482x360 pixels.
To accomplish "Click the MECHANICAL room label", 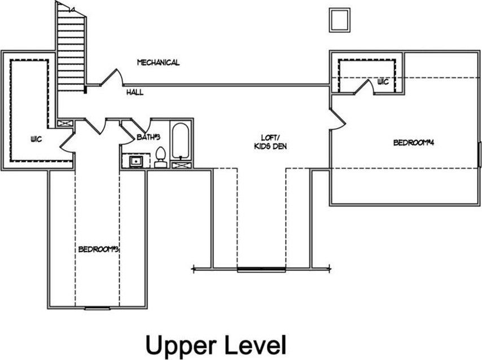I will tap(158, 63).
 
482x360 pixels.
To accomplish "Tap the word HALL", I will tap(134, 91).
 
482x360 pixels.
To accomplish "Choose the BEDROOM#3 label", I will tap(97, 249).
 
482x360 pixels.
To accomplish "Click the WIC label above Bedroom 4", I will tap(383, 82).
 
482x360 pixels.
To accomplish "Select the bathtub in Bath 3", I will tap(181, 141).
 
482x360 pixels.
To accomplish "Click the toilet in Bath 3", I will tap(160, 158).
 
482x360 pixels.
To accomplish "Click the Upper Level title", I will tap(216, 344).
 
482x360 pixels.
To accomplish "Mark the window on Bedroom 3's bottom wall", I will tap(97, 308).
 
